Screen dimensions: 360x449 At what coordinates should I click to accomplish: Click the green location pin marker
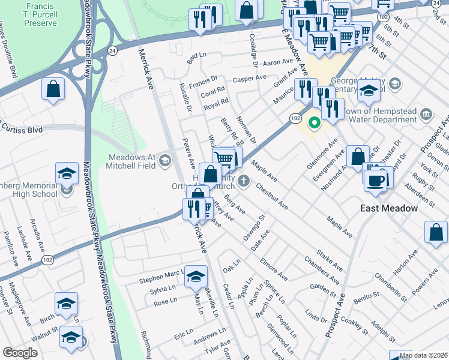click(x=313, y=124)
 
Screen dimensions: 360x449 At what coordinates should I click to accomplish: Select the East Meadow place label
click(x=388, y=208)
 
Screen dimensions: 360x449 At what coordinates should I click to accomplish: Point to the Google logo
click(x=20, y=352)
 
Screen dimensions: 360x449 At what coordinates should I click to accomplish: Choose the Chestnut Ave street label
click(x=272, y=197)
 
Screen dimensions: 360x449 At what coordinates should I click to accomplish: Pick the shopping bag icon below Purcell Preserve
click(x=53, y=89)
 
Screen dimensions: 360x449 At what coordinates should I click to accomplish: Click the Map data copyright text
click(x=424, y=355)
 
